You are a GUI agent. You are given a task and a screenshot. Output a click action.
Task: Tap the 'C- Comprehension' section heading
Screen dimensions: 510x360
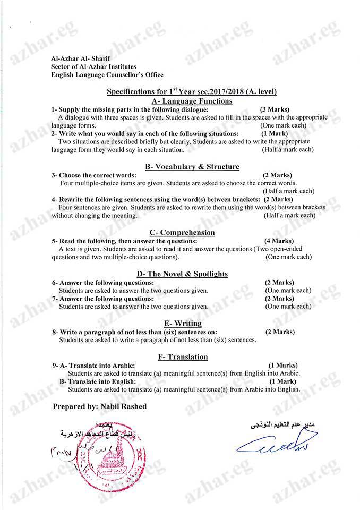pyautogui.click(x=182, y=232)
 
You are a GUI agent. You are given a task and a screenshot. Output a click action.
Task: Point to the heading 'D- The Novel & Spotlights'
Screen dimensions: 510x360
pyautogui.click(x=182, y=274)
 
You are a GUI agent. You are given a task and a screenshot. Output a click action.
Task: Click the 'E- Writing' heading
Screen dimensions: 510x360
pyautogui.click(x=183, y=323)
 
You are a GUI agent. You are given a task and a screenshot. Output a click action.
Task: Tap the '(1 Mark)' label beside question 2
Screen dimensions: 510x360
pyautogui.click(x=275, y=133)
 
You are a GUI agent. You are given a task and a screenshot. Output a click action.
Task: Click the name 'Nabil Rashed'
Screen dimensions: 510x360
pyautogui.click(x=122, y=406)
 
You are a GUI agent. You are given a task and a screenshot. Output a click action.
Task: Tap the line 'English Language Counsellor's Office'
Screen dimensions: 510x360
pyautogui.click(x=107, y=75)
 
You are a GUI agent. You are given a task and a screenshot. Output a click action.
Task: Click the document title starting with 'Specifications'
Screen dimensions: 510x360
pyautogui.click(x=192, y=91)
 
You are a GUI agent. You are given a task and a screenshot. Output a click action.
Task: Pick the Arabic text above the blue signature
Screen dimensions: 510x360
pyautogui.click(x=284, y=425)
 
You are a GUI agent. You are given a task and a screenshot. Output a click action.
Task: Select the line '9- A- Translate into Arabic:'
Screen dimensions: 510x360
pyautogui.click(x=94, y=365)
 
